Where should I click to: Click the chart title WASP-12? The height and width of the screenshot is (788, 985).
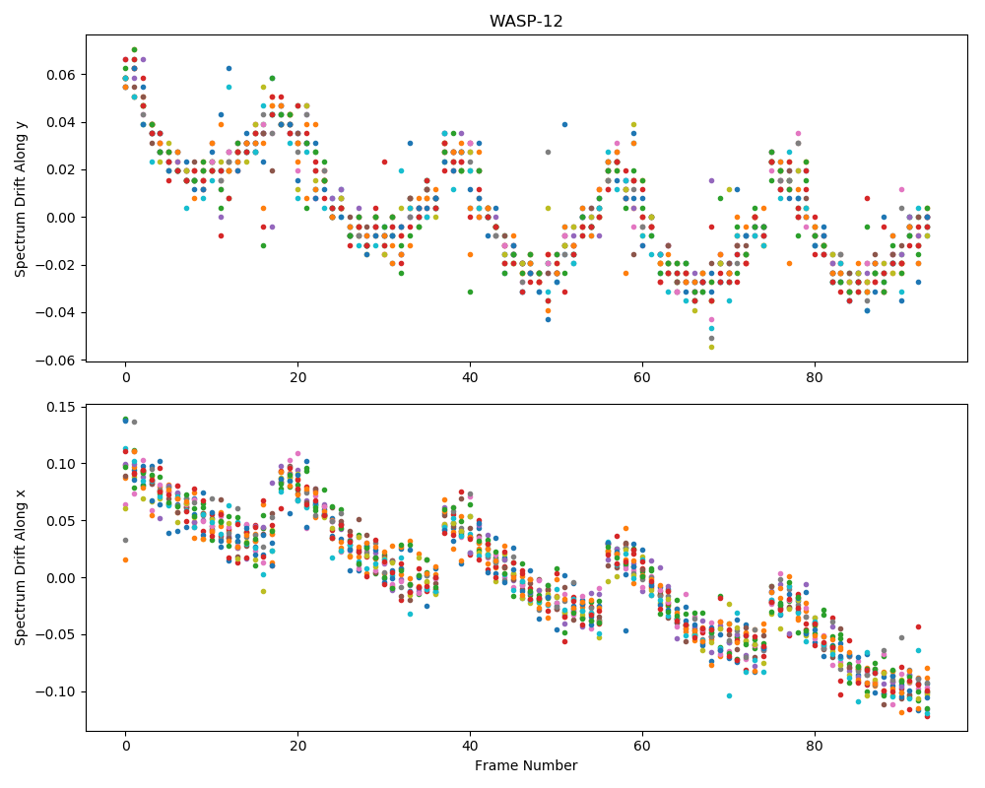[526, 21]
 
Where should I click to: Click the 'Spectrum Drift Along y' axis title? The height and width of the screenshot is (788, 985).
[20, 198]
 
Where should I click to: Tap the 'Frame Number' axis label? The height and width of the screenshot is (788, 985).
[526, 765]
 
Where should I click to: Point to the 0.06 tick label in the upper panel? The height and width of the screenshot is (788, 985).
[61, 75]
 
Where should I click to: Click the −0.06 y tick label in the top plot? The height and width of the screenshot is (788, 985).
[56, 361]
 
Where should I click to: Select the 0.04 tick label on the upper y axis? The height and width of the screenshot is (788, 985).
[61, 122]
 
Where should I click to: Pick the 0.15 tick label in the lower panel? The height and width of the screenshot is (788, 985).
[61, 407]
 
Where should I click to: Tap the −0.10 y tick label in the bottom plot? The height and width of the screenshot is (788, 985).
[56, 691]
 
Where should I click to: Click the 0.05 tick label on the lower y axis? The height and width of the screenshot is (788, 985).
[61, 521]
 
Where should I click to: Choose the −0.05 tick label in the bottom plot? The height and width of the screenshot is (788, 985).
[56, 634]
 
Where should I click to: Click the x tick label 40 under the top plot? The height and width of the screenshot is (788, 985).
[470, 377]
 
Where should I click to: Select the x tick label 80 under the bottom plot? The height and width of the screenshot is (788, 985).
[815, 748]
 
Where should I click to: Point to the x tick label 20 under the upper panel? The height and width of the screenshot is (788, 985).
[297, 377]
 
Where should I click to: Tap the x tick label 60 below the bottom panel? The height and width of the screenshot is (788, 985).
[642, 748]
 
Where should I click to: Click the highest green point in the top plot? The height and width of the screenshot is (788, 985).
[134, 49]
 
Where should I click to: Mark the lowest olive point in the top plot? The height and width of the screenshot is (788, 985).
[711, 347]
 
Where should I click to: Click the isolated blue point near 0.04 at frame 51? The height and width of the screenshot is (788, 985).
[564, 124]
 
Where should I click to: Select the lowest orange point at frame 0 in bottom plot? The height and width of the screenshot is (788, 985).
[126, 559]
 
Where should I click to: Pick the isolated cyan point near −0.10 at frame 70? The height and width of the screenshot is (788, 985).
[729, 695]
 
